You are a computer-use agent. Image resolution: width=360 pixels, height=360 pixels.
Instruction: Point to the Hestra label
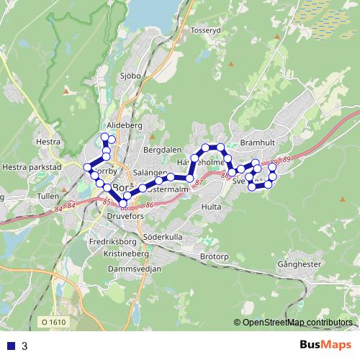pyautogui.click(x=48, y=142)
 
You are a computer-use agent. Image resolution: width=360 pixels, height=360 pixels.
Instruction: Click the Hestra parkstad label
pyautogui.click(x=33, y=166)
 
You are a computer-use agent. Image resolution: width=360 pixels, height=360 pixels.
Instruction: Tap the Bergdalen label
pyautogui.click(x=162, y=150)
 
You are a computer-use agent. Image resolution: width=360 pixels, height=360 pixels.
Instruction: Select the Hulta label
pyautogui.click(x=212, y=206)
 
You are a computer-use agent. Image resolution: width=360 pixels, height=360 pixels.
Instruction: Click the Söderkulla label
pyautogui.click(x=163, y=236)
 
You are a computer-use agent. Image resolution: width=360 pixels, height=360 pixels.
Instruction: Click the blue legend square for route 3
pyautogui.click(x=9, y=346)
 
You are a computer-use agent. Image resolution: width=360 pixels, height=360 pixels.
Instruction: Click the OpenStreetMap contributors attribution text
pyautogui.click(x=297, y=323)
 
